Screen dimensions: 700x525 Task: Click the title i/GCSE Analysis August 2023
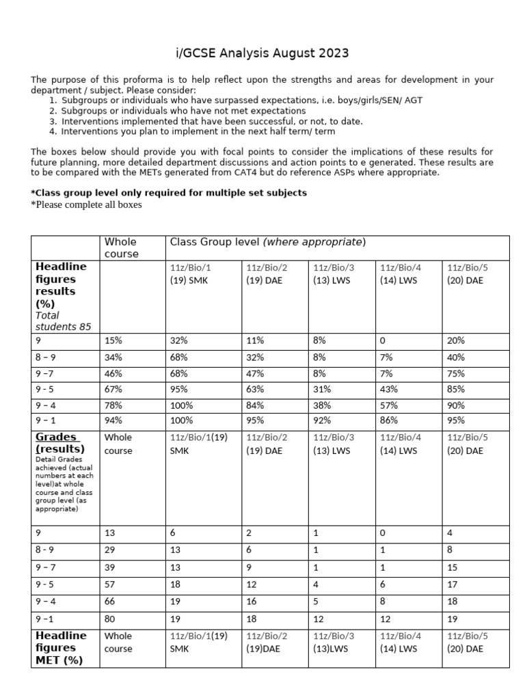tap(262, 53)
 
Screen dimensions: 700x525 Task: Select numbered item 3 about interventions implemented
tap(211, 121)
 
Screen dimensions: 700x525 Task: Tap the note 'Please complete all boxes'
tap(86, 204)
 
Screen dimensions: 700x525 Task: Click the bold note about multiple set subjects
tap(169, 193)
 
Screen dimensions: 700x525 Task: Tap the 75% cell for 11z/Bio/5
tap(456, 374)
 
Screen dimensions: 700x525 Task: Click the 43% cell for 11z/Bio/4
tap(389, 389)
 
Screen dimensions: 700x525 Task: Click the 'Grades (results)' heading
tap(59, 443)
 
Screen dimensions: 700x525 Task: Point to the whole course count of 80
tap(111, 619)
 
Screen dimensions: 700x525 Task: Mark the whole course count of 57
tap(111, 584)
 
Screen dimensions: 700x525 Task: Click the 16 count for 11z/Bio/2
tap(252, 602)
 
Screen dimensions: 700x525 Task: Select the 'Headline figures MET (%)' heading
tap(62, 647)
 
